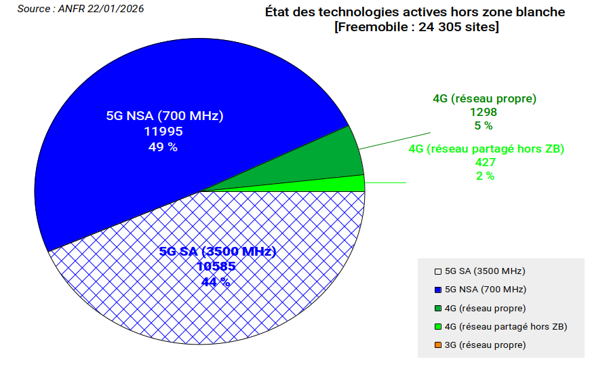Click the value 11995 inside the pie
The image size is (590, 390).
[x=163, y=131]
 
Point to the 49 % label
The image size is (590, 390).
[x=163, y=147]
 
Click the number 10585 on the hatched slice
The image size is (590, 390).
[x=216, y=267]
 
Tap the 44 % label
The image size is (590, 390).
[x=216, y=282]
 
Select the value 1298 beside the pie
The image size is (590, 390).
[x=484, y=112]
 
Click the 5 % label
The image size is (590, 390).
[x=484, y=125]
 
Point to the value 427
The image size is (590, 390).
[x=486, y=162]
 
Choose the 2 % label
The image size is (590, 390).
[x=486, y=176]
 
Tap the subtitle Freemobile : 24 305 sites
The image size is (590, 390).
[x=416, y=27]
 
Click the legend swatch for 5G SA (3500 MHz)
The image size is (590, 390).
[x=438, y=271]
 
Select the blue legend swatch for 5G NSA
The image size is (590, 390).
[x=438, y=290]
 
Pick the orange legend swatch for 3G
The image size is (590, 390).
[x=438, y=345]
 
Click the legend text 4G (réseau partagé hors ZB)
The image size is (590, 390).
[x=505, y=327]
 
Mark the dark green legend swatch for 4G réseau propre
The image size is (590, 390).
[x=438, y=309]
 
